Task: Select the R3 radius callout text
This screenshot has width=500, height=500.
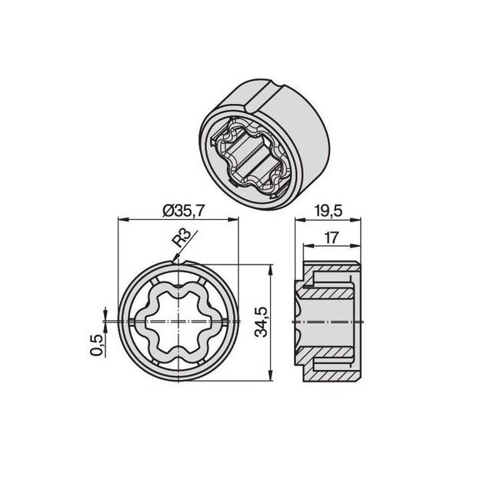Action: [180, 241]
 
